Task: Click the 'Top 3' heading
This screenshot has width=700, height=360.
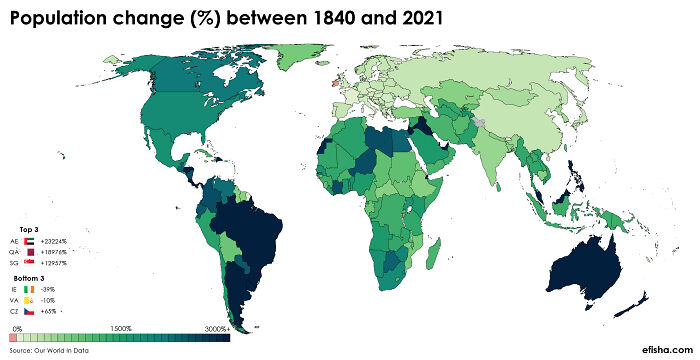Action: (29, 230)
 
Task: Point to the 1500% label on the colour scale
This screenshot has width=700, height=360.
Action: (121, 328)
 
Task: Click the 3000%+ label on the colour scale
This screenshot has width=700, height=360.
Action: (217, 328)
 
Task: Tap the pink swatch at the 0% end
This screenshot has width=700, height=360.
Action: (13, 338)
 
